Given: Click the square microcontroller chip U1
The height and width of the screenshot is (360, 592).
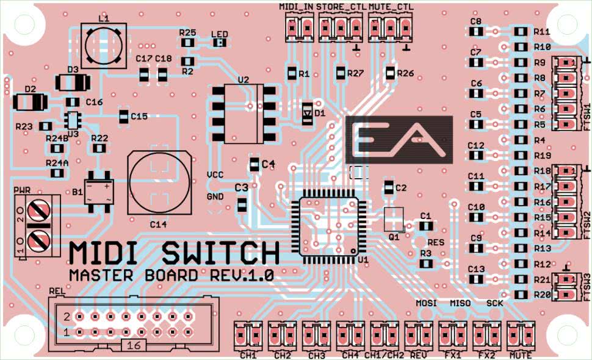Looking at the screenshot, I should click(x=329, y=229).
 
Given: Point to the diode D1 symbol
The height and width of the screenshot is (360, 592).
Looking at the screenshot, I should click(x=307, y=113).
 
